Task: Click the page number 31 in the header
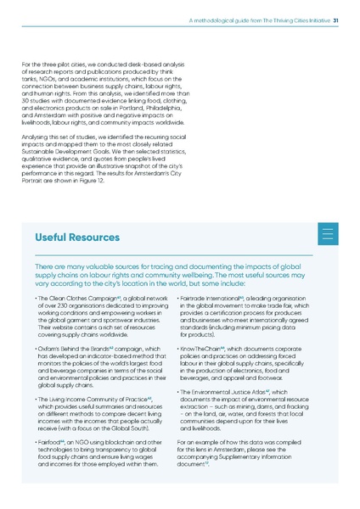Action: (x=336, y=22)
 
